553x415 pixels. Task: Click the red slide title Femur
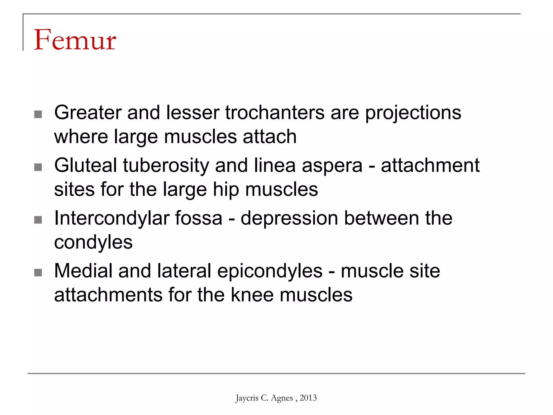[75, 40]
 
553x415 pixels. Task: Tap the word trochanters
[275, 113]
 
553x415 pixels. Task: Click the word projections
[413, 113]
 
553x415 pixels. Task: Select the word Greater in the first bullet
[88, 113]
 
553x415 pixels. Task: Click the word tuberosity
[166, 165]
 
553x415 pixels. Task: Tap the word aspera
[332, 165]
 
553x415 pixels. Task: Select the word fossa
[199, 218]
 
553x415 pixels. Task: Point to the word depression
[289, 218]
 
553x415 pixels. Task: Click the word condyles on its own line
[93, 242]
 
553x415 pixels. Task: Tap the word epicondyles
[270, 271]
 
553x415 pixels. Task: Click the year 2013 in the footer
[308, 398]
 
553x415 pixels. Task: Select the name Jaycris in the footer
[247, 398]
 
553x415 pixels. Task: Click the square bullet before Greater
[38, 114]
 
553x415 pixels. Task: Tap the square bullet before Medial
[38, 273]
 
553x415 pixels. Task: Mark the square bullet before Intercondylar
[38, 220]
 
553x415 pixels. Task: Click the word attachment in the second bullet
[430, 165]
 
